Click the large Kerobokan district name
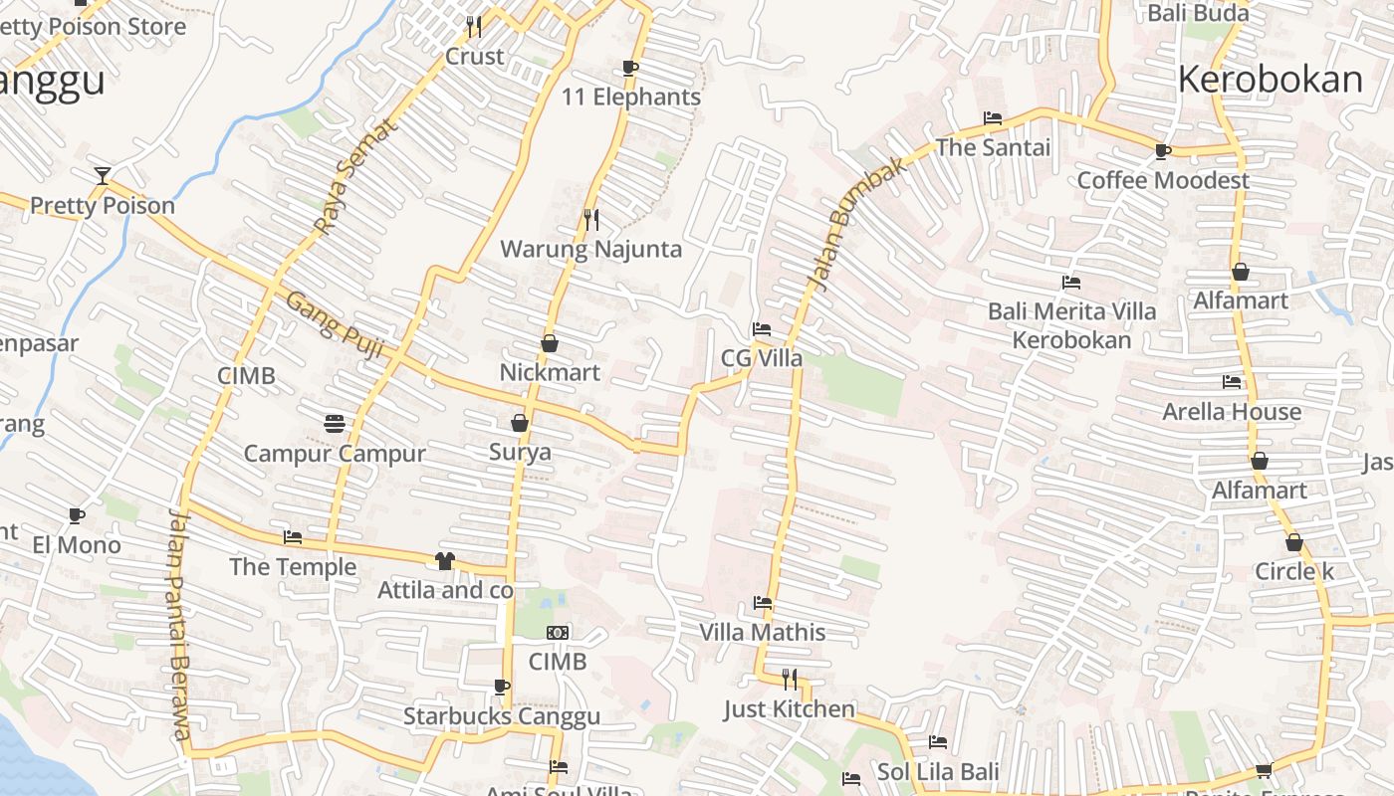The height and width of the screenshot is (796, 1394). (x=1270, y=80)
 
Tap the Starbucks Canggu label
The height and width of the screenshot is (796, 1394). (x=501, y=716)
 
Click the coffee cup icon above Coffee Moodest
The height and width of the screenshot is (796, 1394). (x=1162, y=151)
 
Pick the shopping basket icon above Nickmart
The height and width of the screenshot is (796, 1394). (x=549, y=343)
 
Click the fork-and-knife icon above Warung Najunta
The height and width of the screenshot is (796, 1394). (x=591, y=219)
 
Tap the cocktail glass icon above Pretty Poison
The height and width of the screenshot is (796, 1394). (x=102, y=176)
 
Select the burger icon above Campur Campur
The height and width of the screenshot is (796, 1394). (x=335, y=424)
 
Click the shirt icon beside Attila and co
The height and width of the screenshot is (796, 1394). (x=444, y=561)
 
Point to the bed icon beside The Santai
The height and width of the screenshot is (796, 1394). (x=993, y=118)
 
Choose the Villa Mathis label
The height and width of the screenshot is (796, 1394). (x=762, y=632)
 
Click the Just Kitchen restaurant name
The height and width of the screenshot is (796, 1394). (x=789, y=709)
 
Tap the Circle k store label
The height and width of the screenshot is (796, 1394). (x=1293, y=571)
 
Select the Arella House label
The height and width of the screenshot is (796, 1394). (x=1232, y=411)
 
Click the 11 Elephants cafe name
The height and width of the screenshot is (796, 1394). (x=631, y=97)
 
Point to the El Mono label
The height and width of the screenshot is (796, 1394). (x=77, y=544)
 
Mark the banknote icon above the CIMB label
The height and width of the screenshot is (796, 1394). (x=558, y=633)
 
